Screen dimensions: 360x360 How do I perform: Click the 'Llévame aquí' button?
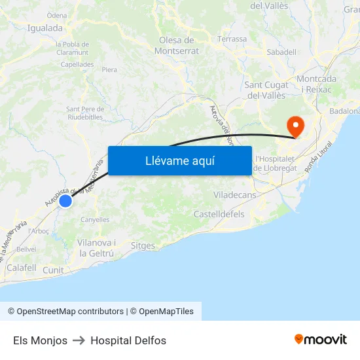coord(179,160)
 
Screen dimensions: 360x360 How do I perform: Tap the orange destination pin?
coord(296,125)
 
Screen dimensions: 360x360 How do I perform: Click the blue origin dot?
coord(65,200)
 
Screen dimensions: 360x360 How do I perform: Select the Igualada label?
coord(45,28)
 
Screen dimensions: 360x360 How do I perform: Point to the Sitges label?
coord(143,246)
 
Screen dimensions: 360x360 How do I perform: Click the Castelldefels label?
coord(219,214)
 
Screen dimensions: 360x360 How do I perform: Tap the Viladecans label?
coord(234,195)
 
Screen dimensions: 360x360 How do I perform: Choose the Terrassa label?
coord(232,39)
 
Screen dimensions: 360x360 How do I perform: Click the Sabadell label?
coord(281,52)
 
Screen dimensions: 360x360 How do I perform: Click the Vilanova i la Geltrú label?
coord(96,247)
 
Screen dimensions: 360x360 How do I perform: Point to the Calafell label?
coord(21,267)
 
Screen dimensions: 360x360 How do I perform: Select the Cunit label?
coord(53,270)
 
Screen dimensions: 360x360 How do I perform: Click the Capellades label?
coord(77,64)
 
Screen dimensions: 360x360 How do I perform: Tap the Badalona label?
coord(345,111)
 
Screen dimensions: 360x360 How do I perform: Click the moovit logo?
coord(321,340)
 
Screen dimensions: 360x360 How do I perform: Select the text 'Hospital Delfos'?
coord(128,340)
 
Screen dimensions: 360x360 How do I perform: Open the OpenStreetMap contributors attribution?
coord(65,312)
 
